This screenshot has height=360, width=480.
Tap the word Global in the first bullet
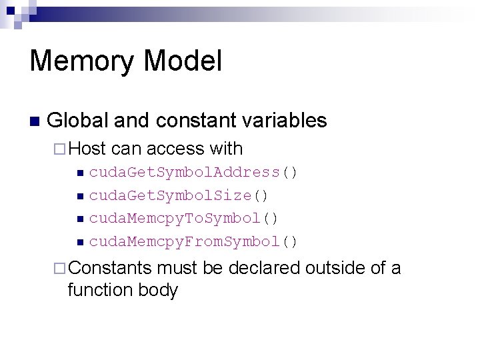tap(77, 121)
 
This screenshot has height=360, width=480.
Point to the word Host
tap(88, 149)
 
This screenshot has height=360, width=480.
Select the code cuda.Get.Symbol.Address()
tap(193, 173)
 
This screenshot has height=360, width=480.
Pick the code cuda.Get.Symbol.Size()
tap(179, 195)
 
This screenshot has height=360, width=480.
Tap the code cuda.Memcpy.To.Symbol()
tap(184, 218)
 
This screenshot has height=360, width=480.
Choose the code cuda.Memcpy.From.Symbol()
tap(193, 241)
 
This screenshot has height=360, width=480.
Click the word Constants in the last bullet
tap(110, 268)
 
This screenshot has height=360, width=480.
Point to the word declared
tap(264, 268)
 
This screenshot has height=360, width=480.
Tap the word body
tap(157, 291)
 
